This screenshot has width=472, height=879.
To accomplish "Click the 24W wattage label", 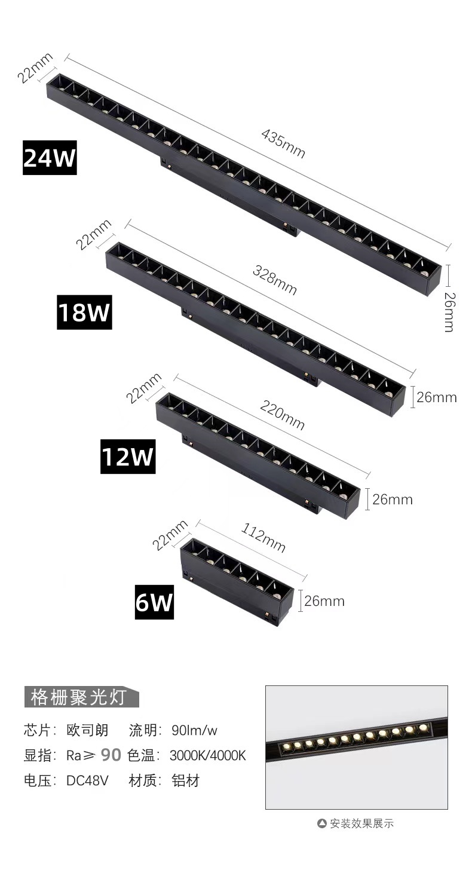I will [x=50, y=158].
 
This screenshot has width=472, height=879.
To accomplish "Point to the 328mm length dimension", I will [x=275, y=280].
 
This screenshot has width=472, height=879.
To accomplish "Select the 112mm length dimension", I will [x=263, y=538].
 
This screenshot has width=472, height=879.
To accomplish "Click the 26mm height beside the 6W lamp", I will [x=324, y=601].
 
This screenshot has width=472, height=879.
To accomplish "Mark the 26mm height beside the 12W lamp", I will [x=393, y=500].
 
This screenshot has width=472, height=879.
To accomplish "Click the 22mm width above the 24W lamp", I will [x=35, y=68].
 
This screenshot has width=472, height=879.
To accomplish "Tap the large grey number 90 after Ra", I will [x=111, y=755].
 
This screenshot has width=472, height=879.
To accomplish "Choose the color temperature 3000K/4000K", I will [x=207, y=756].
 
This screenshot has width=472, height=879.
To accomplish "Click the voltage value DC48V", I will [x=87, y=781].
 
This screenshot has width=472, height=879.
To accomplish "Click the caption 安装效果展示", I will [x=361, y=823].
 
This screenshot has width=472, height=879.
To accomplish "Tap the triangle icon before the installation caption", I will [x=321, y=823].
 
